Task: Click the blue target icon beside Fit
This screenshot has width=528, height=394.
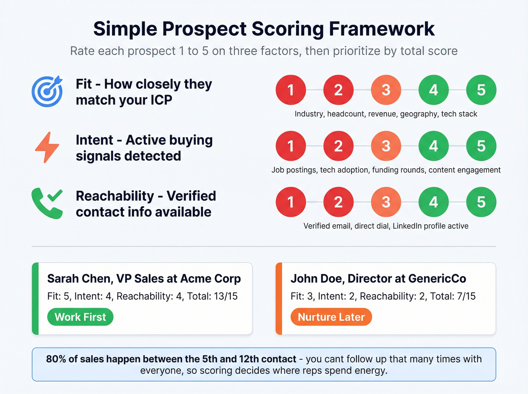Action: point(47,92)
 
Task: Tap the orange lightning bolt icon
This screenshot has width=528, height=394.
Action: point(47,147)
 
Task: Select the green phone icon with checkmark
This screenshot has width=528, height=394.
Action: point(47,203)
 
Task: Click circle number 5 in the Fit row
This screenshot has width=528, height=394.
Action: point(481,90)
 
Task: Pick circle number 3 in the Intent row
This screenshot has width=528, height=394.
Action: point(386,146)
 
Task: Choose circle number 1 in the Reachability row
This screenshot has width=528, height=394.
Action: point(290,202)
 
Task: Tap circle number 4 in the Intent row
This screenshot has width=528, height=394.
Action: point(433,146)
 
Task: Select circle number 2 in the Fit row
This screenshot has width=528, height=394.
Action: point(338,90)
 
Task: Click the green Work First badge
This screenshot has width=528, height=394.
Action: point(80,317)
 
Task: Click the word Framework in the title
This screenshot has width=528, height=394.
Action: point(382,29)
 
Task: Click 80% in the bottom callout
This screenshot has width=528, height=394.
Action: point(56,359)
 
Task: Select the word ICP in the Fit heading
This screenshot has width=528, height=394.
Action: point(161,100)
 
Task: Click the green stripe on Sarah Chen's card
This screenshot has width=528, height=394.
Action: point(35,299)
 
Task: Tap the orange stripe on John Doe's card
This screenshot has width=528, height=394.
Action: point(279,299)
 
